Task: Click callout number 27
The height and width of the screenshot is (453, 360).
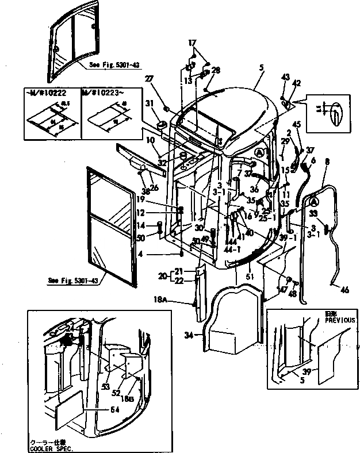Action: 148,79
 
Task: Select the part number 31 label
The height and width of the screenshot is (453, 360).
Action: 148,103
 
